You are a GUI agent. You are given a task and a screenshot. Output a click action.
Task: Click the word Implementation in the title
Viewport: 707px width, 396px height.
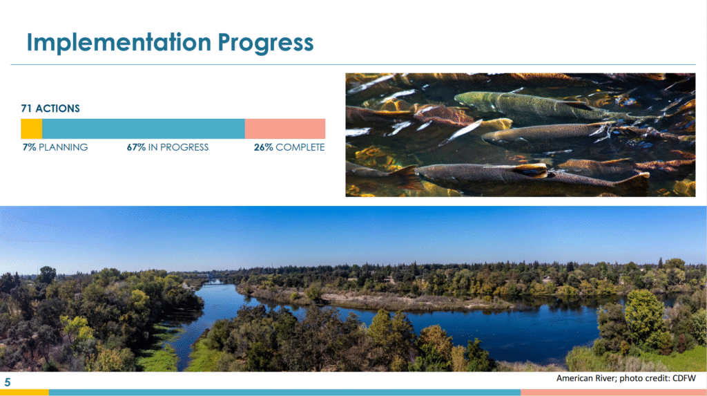[119, 42]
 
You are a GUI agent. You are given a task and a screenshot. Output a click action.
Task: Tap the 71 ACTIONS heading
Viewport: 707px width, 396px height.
[50, 109]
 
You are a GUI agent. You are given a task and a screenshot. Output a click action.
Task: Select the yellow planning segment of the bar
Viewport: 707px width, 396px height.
[32, 129]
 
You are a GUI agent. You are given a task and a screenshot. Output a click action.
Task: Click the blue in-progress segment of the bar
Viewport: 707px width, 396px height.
[144, 129]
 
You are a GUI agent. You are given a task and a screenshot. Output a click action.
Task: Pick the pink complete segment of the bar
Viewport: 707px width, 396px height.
[285, 129]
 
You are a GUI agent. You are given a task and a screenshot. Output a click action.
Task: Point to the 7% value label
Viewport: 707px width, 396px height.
[29, 147]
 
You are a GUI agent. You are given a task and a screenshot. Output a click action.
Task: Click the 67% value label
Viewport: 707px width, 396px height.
[136, 147]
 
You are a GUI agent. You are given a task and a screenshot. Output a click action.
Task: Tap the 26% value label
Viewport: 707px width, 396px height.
[263, 147]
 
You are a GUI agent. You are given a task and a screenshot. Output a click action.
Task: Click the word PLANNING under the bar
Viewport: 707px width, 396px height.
[63, 147]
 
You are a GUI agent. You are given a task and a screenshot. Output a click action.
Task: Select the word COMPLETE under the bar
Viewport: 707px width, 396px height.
[300, 147]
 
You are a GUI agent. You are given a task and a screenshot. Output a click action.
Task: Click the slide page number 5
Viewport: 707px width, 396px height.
[7, 382]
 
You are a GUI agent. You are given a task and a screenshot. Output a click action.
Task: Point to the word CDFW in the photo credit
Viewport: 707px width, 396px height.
[684, 379]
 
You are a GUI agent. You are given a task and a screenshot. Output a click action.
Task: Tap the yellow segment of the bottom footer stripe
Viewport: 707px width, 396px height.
[24, 393]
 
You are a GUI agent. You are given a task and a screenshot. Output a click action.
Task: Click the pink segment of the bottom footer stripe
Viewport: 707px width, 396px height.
[614, 393]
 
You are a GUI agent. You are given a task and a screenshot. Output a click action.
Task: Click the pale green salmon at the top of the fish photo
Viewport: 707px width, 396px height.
[527, 105]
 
